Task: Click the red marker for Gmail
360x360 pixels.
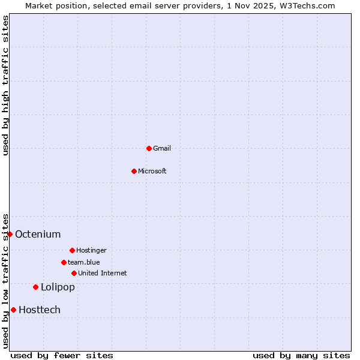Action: [149, 148]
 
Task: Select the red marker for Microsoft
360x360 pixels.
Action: [134, 171]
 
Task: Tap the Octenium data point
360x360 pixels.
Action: [10, 234]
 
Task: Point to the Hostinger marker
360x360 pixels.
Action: [72, 250]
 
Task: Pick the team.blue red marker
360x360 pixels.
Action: [64, 262]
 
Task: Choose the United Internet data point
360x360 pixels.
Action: [74, 273]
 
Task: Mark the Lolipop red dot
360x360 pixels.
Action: [35, 287]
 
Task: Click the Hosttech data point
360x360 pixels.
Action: [13, 310]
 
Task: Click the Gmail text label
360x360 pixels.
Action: [162, 148]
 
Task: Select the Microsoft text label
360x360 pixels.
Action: [152, 171]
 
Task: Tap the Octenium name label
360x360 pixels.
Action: [38, 234]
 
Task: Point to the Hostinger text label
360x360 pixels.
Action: [91, 250]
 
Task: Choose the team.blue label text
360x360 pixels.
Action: [84, 262]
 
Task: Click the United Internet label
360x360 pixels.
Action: [103, 273]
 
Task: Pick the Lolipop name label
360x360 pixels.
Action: [58, 287]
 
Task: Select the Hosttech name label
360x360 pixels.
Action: [40, 310]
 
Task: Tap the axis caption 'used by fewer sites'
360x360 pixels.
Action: [62, 355]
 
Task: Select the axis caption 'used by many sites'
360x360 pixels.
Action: [301, 355]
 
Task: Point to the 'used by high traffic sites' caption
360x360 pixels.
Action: [5, 85]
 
